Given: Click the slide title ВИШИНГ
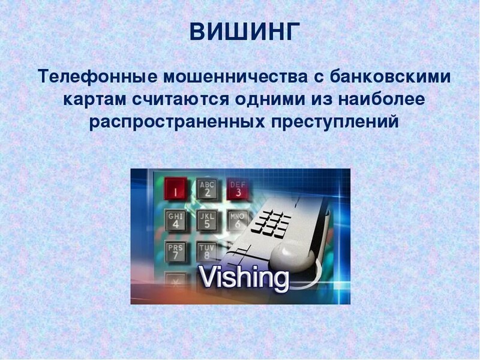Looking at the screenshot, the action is click(x=244, y=32).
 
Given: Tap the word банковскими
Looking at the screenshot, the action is click(x=386, y=76).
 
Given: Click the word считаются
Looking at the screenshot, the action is click(x=181, y=100).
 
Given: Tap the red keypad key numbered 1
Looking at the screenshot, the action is click(x=175, y=188).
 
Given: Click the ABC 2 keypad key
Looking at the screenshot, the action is click(x=207, y=188).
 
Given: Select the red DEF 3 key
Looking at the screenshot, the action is click(x=237, y=188).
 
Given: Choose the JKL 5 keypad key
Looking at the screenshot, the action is click(x=207, y=220).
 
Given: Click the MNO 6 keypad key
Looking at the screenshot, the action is click(x=237, y=220).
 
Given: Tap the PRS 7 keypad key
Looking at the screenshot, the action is click(x=175, y=251).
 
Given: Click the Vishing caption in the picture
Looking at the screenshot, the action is click(x=244, y=278).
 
